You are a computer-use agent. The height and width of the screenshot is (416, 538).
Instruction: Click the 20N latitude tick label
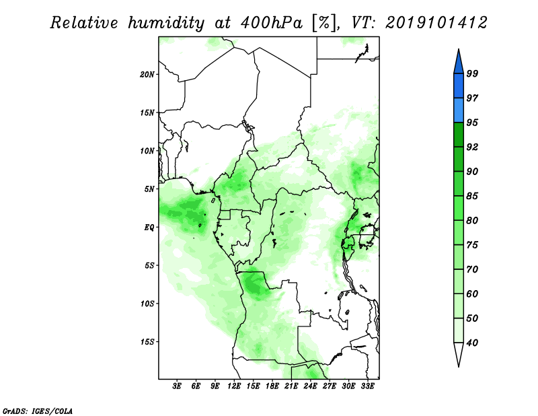tap(147, 75)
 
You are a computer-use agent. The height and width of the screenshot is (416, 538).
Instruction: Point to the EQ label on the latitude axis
tap(149, 228)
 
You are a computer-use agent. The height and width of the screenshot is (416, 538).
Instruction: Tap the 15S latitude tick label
tap(147, 342)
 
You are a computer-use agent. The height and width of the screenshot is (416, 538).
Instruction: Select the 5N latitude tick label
tap(149, 189)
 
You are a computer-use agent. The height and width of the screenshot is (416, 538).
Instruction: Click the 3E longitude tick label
tap(177, 386)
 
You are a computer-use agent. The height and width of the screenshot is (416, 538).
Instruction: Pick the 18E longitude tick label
tap(272, 386)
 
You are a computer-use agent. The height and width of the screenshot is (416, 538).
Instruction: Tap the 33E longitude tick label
tap(367, 386)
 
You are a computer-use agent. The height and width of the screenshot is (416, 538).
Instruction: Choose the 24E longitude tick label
tap(310, 386)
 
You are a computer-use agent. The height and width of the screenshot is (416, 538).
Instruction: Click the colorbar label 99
tap(472, 73)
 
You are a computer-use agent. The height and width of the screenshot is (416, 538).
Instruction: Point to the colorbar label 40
tap(472, 343)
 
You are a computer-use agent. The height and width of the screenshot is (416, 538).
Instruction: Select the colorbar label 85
tap(472, 196)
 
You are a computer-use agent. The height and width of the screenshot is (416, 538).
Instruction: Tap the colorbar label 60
tap(472, 293)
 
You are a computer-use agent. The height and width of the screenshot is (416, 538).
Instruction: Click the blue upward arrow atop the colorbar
tap(459, 63)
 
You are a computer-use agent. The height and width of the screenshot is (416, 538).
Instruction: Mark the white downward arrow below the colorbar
tap(459, 353)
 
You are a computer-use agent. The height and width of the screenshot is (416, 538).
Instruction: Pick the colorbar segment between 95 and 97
tap(459, 110)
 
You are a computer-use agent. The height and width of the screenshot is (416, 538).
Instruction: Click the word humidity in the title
tap(166, 24)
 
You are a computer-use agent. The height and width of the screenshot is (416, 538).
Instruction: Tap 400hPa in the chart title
tap(272, 23)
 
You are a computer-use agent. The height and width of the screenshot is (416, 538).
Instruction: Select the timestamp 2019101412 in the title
tap(436, 23)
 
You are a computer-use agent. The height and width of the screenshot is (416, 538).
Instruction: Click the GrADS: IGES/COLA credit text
tap(38, 411)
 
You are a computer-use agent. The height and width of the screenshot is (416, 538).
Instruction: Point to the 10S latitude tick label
tap(147, 304)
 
